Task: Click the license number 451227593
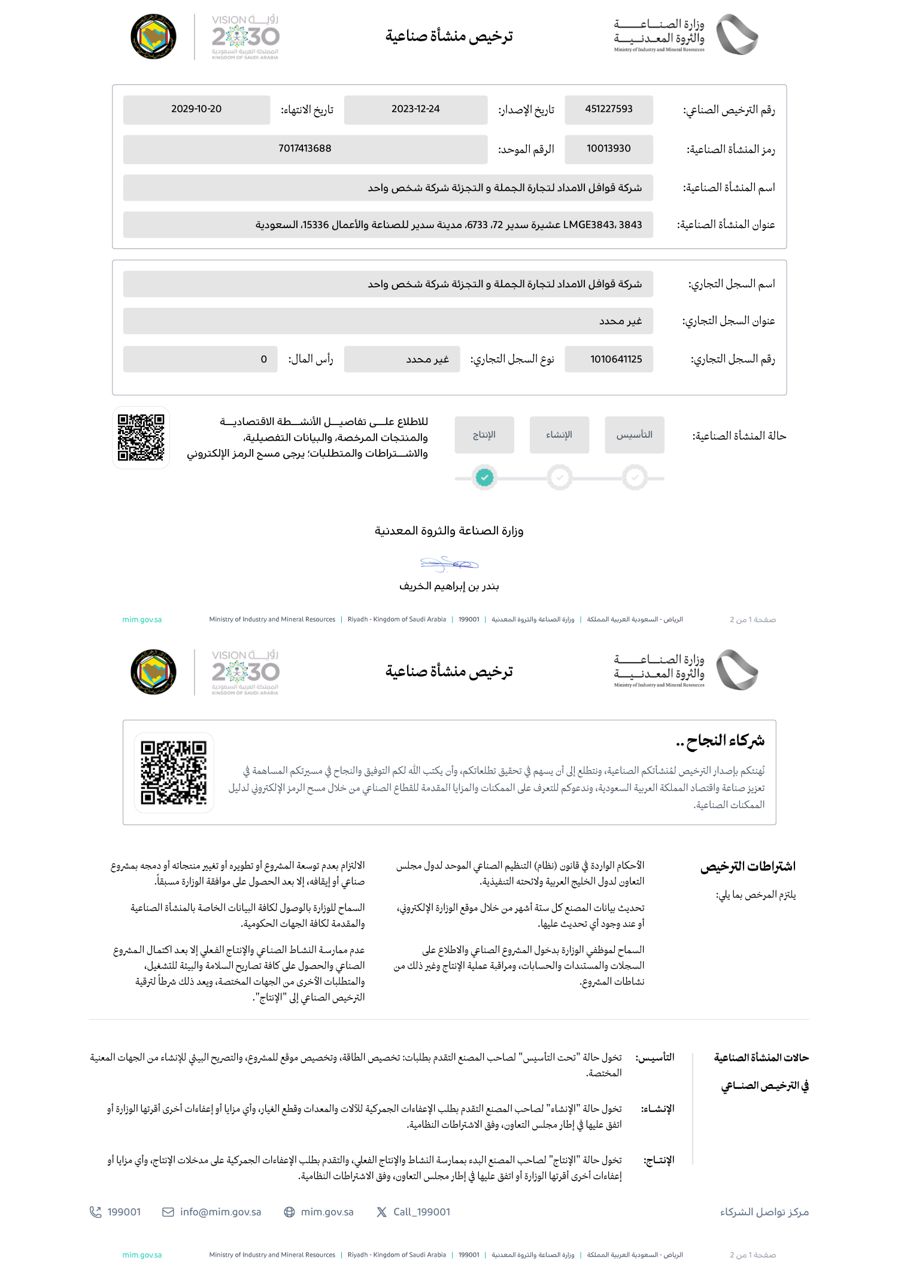(608, 109)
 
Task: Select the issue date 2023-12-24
(415, 109)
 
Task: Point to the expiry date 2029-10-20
(196, 109)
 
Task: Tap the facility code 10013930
(608, 148)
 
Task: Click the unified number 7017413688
(305, 148)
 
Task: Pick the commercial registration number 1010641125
(615, 359)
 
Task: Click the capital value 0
(263, 359)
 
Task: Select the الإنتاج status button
(484, 435)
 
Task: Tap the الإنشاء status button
(559, 435)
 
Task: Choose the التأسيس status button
(635, 435)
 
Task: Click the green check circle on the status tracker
(484, 478)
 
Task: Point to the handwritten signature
(449, 563)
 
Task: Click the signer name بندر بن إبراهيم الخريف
(449, 586)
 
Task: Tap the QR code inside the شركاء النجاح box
(174, 772)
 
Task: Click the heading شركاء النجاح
(720, 741)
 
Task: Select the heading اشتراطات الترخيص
(748, 866)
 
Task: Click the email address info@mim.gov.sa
(220, 1212)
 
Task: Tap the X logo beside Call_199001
(381, 1212)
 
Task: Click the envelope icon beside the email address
(168, 1212)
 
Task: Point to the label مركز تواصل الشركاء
(764, 1212)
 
